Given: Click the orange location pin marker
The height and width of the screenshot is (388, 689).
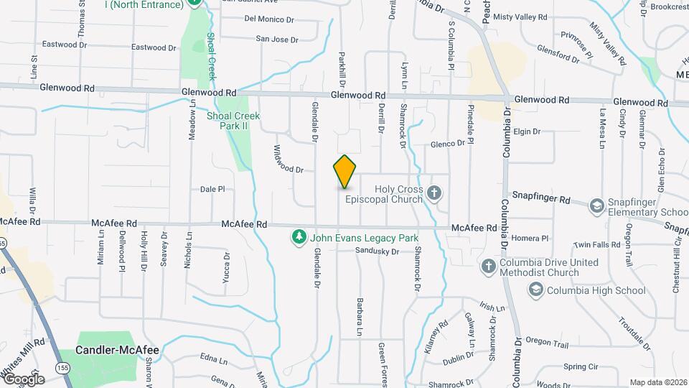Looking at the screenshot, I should pos(345,172).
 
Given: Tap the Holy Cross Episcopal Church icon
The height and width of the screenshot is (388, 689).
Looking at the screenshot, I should pos(433,192).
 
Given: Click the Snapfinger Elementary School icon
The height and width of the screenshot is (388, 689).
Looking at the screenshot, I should pos(596,207).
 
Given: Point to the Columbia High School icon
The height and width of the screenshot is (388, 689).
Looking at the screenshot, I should pos(535,290).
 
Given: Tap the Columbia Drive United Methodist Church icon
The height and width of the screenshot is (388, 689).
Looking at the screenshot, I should pos(488,267).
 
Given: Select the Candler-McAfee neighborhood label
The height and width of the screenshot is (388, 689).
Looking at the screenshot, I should pos(117,351).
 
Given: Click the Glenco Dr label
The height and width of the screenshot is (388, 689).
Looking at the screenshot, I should pos(448,144).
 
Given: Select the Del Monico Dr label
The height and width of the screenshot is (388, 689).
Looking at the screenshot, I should pos(271,19).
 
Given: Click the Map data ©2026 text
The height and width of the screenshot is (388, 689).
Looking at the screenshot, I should pos(658,382).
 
